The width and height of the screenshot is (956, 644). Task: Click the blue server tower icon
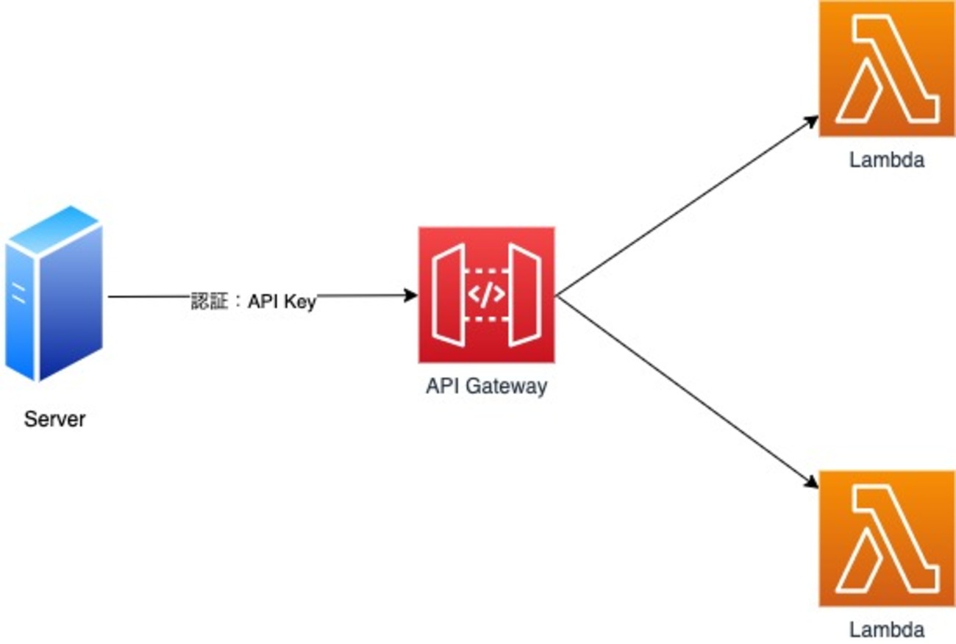click(54, 294)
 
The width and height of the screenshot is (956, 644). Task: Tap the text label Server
click(54, 420)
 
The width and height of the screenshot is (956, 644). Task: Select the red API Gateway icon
click(486, 295)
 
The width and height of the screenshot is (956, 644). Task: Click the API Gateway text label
click(486, 387)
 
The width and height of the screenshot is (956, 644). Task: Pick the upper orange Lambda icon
click(886, 68)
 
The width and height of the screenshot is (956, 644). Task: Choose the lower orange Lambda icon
click(886, 538)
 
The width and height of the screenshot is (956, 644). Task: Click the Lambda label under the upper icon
click(886, 160)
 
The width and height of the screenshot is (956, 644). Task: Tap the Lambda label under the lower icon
click(886, 630)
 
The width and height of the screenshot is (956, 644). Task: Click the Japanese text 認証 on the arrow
click(210, 301)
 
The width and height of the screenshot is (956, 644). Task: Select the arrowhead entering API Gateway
click(410, 296)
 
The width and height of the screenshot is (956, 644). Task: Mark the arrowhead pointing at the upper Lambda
click(812, 121)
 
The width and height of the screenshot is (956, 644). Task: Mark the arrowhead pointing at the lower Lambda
click(811, 483)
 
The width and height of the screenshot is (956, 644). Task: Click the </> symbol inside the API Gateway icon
click(486, 295)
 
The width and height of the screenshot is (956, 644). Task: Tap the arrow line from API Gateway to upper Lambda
click(684, 207)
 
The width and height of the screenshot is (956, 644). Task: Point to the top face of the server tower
click(54, 225)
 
